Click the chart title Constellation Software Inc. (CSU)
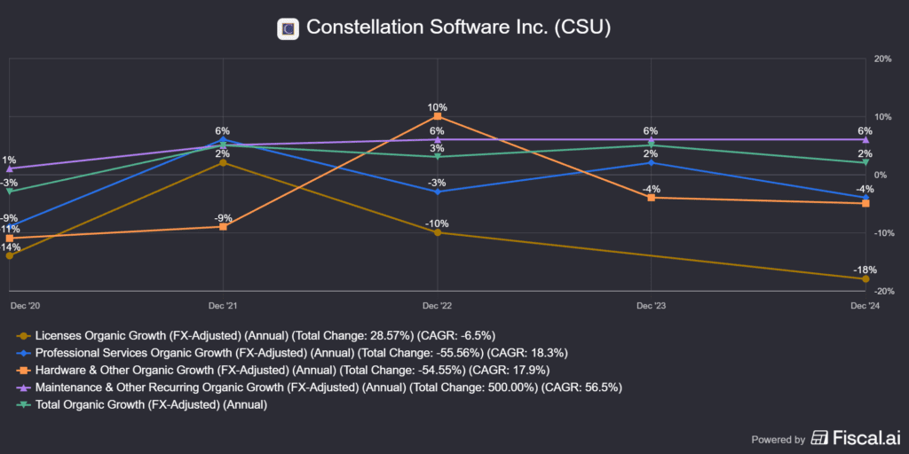click(458, 27)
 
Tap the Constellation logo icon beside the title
click(287, 28)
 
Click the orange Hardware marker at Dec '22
click(438, 116)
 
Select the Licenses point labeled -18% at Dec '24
click(866, 279)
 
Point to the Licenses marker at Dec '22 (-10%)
click(438, 232)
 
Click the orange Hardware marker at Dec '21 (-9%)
click(223, 227)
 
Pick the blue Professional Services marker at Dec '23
click(652, 162)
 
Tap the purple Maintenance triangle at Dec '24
click(866, 139)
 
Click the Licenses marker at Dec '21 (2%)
click(223, 162)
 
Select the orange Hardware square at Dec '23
click(652, 198)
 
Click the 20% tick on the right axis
click(882, 59)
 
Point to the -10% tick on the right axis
click(882, 233)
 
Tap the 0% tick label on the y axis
click(881, 175)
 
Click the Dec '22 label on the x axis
click(438, 305)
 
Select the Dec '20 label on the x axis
click(25, 305)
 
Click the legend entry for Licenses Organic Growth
click(256, 335)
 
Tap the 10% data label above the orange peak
click(438, 106)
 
